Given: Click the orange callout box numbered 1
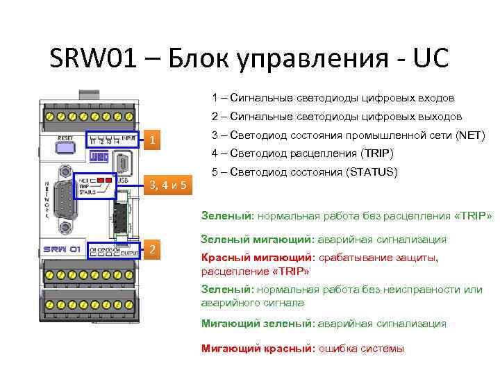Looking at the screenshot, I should click(151, 141).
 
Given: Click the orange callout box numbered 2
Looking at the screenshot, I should click(151, 250).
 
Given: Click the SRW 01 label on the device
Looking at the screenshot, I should click(63, 249).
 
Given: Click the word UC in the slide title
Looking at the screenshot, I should click(428, 58).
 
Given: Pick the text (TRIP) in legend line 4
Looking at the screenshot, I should click(376, 153).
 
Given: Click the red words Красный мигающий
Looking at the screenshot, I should click(256, 258).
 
